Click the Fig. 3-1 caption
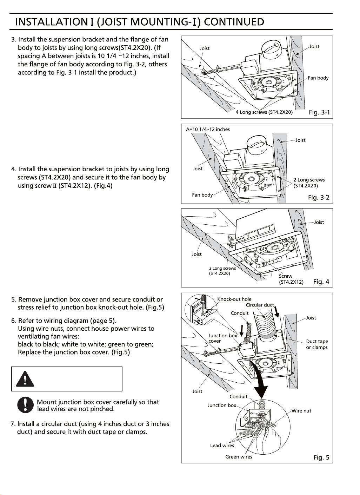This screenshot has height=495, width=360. [319, 112]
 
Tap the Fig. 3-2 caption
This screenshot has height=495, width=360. [319, 197]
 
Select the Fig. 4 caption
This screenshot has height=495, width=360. [321, 282]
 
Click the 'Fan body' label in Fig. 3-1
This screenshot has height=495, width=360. [318, 78]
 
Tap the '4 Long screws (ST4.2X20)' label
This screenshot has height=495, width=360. [264, 112]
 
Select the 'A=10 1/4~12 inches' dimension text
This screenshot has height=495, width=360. [208, 129]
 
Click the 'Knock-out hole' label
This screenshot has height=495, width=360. [234, 299]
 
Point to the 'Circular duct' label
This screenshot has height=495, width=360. [260, 305]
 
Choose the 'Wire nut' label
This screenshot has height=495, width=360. [301, 411]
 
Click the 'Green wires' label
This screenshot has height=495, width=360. [239, 457]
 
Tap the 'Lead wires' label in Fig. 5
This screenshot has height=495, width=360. [222, 445]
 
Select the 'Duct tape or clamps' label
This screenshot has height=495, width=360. [317, 344]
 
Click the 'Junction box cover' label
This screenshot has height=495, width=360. [222, 338]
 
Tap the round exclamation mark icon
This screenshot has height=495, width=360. [25, 405]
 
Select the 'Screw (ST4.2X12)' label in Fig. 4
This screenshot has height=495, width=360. [291, 279]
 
